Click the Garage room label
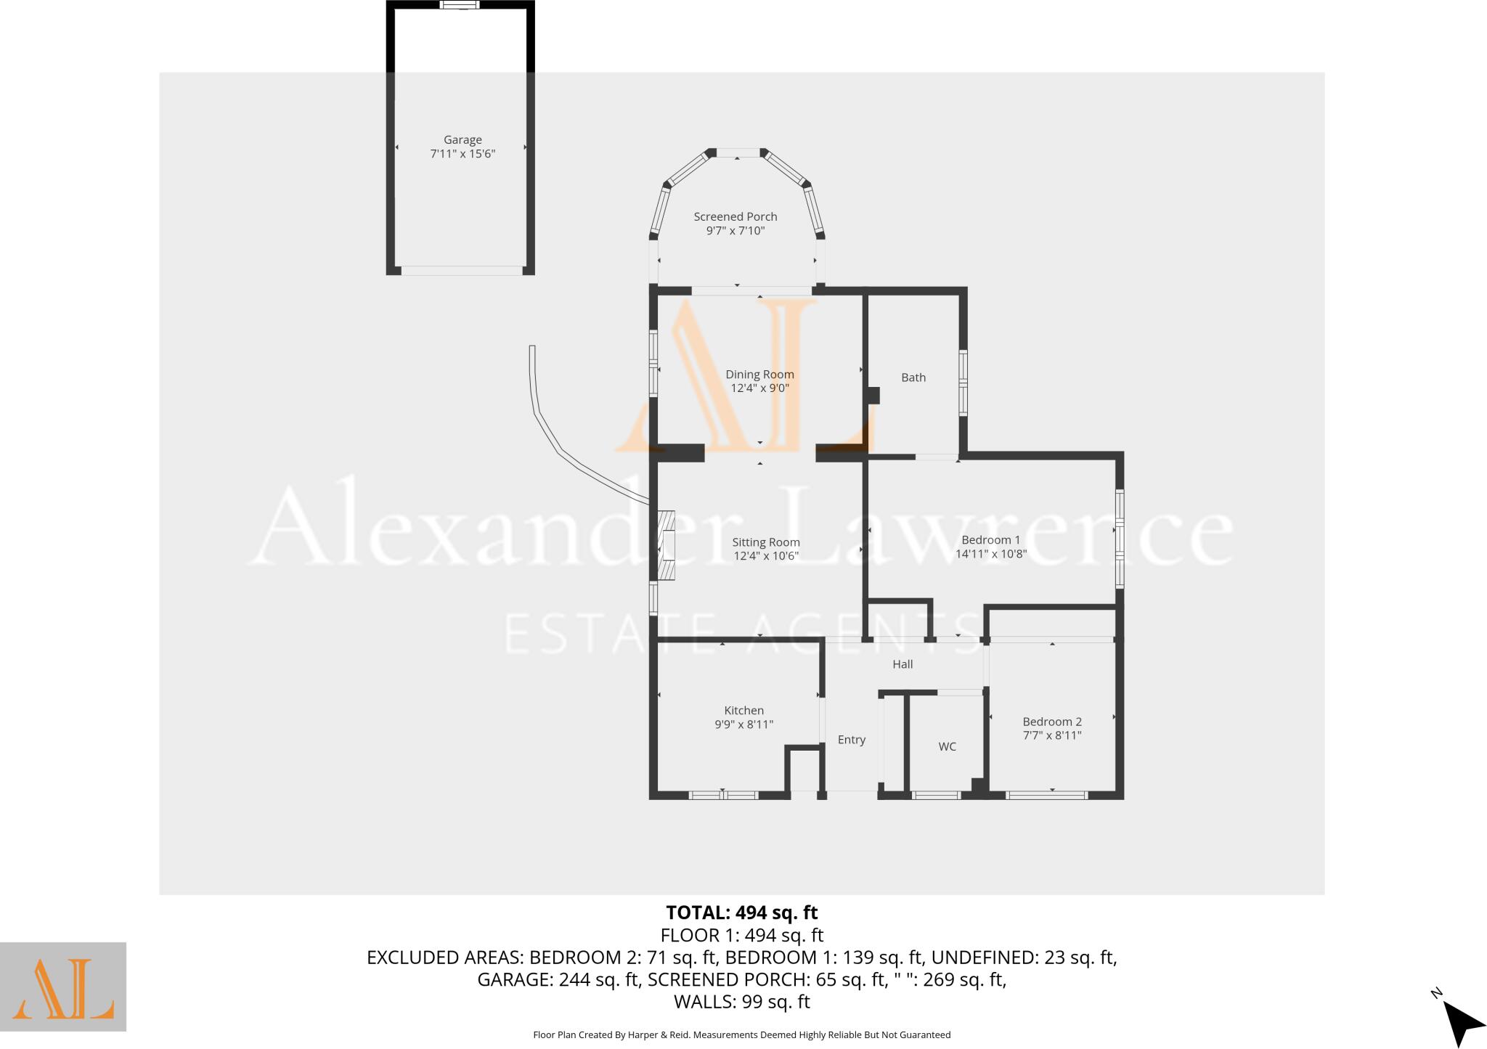(x=463, y=139)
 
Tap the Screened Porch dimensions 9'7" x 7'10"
(x=736, y=231)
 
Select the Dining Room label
(x=759, y=375)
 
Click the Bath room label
(x=913, y=377)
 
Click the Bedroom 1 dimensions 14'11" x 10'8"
(x=990, y=554)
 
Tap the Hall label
(x=903, y=664)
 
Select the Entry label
(x=851, y=740)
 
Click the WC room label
(x=947, y=746)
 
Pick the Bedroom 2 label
(x=1051, y=722)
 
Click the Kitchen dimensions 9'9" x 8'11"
(x=743, y=724)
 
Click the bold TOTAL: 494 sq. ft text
(x=741, y=913)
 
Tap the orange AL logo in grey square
(x=63, y=987)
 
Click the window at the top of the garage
(x=460, y=5)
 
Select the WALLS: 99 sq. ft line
(x=741, y=1002)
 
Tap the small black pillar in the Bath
(x=873, y=396)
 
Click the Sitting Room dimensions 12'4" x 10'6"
(x=765, y=556)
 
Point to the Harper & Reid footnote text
(x=741, y=1035)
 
